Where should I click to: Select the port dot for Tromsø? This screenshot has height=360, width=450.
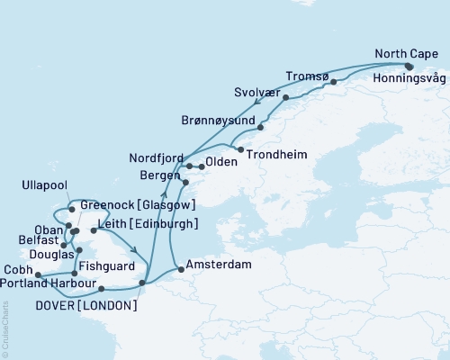pyautogui.click(x=334, y=82)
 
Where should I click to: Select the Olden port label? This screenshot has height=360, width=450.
pyautogui.click(x=221, y=163)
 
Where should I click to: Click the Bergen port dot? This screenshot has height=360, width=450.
pyautogui.click(x=185, y=183)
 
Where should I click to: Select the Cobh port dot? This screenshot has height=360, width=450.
pyautogui.click(x=38, y=274)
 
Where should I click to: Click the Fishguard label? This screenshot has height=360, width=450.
pyautogui.click(x=107, y=266)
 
